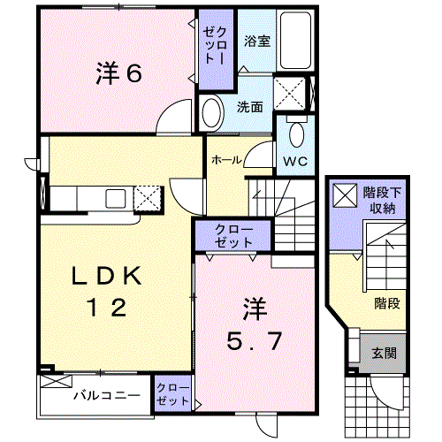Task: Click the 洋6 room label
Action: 118,73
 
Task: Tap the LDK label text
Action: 107,277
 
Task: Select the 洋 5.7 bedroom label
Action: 255,324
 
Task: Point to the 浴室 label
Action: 257,41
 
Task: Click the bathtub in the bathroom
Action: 295,41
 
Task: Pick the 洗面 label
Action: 250,107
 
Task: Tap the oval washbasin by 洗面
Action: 212,113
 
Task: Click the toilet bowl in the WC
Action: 296,134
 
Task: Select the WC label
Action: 295,162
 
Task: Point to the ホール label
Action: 226,160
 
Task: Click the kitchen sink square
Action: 116,198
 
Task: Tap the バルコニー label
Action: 107,395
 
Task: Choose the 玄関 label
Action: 384,353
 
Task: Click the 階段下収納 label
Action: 382,201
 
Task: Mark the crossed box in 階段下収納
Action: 345,195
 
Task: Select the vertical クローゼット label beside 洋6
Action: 216,46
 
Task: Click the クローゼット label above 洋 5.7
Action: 233,236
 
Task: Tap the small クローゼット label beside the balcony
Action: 172,394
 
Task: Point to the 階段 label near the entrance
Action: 387,303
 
